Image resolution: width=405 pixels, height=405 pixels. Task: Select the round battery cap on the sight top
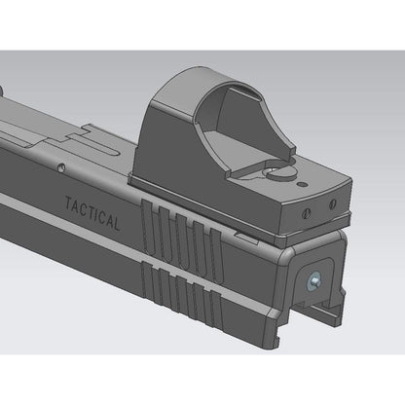[x=283, y=172]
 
